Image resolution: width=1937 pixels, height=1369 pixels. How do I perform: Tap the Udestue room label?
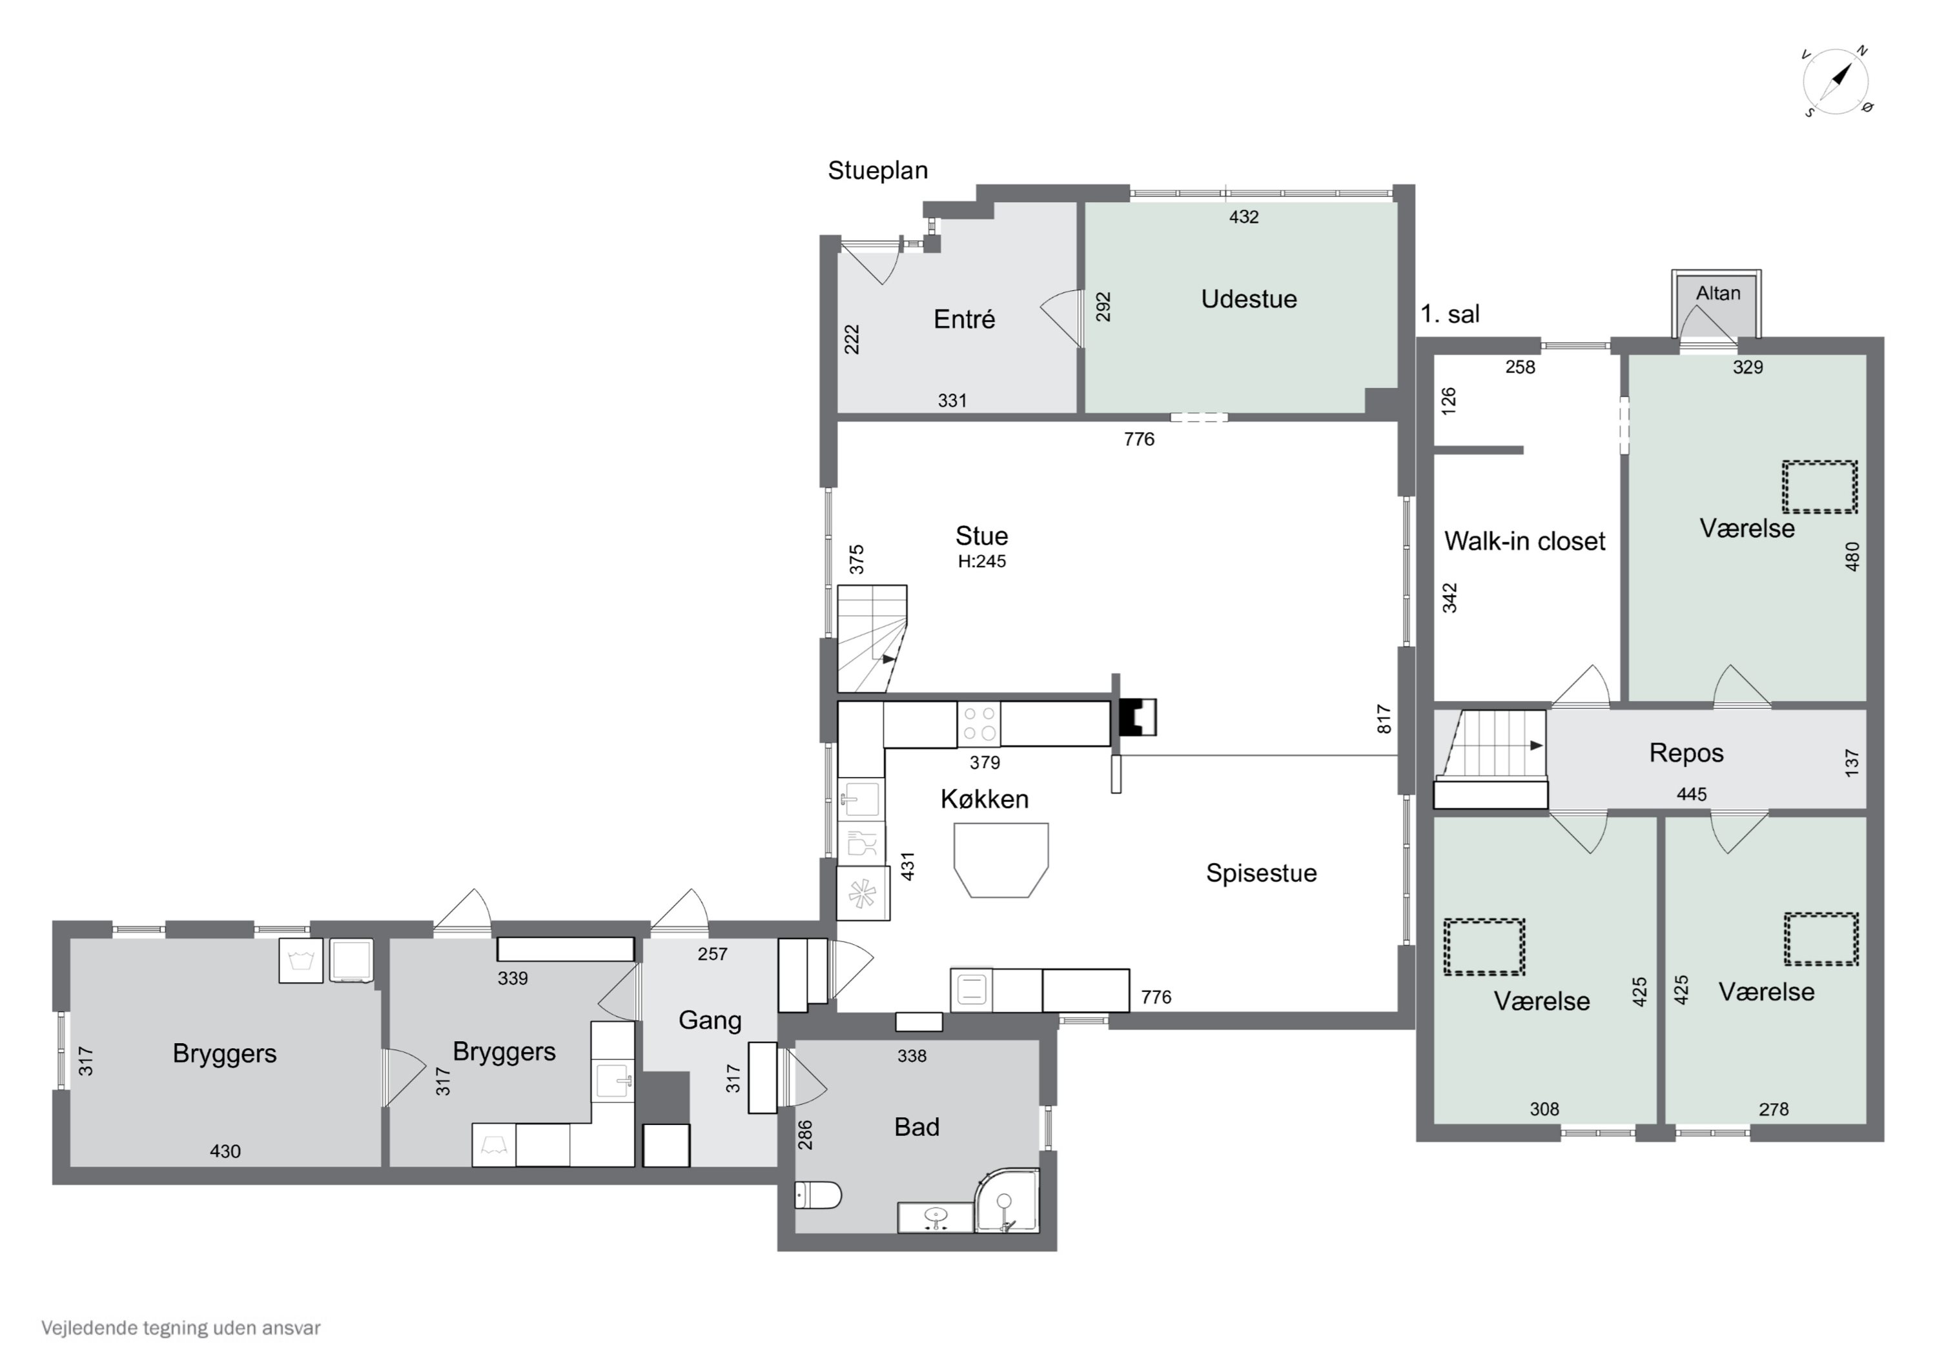(1249, 299)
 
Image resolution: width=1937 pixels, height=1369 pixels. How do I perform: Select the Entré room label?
(964, 319)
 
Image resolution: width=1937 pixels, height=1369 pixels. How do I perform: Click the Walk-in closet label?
(1524, 542)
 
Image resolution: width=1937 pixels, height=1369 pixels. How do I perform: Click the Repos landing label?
(1686, 753)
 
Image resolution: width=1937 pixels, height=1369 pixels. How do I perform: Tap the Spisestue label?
(1261, 873)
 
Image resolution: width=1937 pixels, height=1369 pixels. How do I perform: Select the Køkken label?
(985, 800)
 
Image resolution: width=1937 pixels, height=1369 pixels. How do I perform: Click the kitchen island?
(1001, 860)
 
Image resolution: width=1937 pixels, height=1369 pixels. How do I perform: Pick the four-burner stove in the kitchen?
(979, 724)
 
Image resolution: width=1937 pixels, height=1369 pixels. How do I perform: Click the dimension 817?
(1384, 718)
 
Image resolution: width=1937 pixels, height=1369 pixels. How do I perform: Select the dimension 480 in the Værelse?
(1852, 557)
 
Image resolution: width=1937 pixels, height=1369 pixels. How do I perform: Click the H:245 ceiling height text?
(982, 562)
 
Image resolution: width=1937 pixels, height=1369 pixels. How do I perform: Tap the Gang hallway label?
(710, 1020)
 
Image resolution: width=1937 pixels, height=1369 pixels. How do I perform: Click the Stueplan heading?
(877, 170)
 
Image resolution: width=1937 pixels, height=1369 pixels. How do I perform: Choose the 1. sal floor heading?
(1450, 314)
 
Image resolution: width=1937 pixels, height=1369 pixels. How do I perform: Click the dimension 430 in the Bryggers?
(225, 1151)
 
